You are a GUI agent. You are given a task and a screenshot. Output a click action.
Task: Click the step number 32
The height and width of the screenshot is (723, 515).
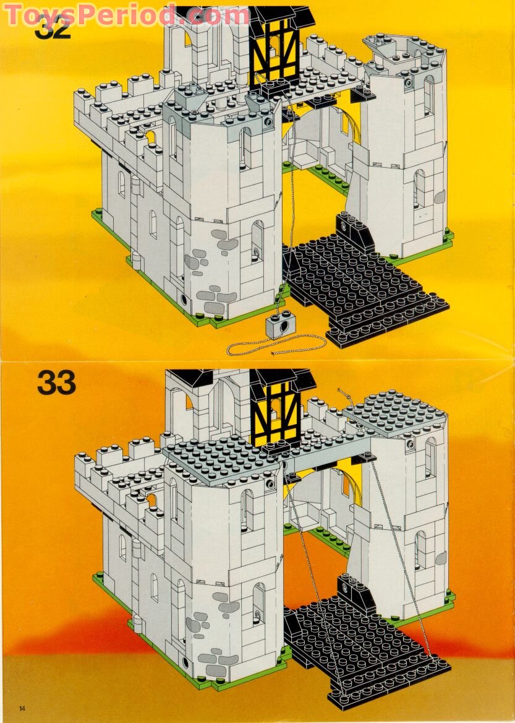[53, 28]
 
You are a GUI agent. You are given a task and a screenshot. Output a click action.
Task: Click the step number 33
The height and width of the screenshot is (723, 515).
[56, 383]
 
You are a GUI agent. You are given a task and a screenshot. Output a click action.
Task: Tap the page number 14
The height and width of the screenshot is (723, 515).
[23, 708]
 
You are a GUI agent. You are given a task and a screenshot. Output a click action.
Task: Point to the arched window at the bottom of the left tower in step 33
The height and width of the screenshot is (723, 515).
[258, 603]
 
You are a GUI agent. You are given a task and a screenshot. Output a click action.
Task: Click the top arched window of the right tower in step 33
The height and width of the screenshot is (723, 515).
[429, 456]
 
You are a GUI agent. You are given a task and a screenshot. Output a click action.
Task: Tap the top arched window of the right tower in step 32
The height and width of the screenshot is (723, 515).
[428, 96]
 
